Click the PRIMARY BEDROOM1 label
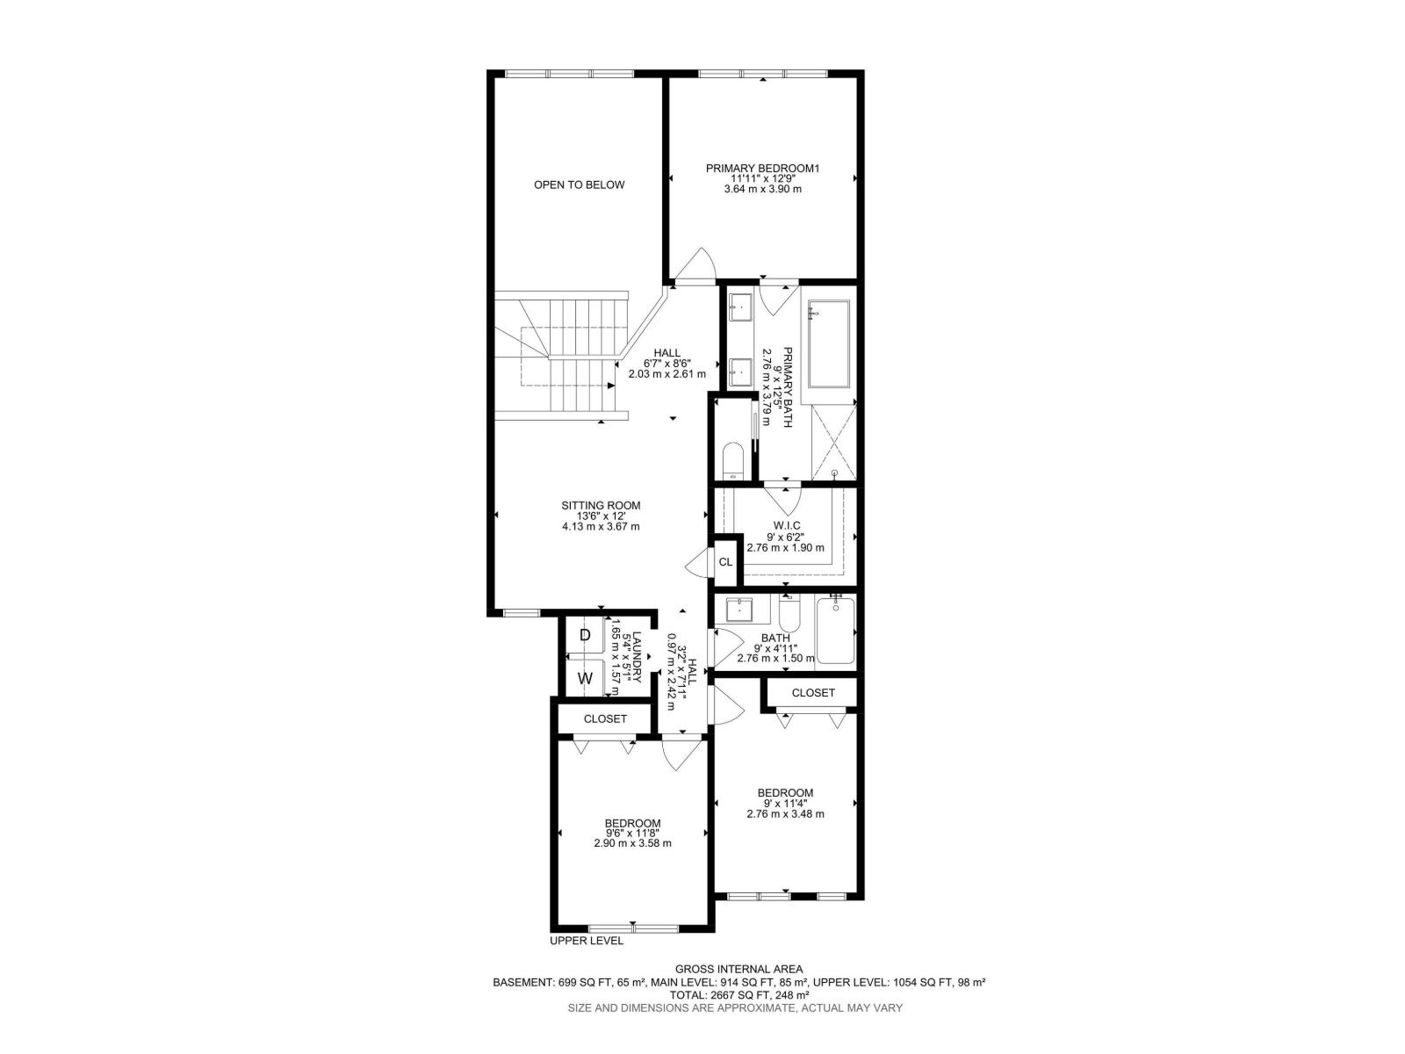(x=762, y=168)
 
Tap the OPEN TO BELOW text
(x=580, y=184)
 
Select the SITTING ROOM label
(x=601, y=506)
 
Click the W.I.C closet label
(x=787, y=525)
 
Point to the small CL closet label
(x=725, y=562)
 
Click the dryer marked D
(x=585, y=635)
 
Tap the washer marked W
(x=585, y=678)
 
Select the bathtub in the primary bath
(x=828, y=344)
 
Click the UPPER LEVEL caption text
(x=587, y=941)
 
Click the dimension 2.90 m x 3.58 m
(x=632, y=843)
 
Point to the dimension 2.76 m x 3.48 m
(x=785, y=813)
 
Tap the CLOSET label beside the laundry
(x=605, y=718)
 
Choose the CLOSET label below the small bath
(x=813, y=693)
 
